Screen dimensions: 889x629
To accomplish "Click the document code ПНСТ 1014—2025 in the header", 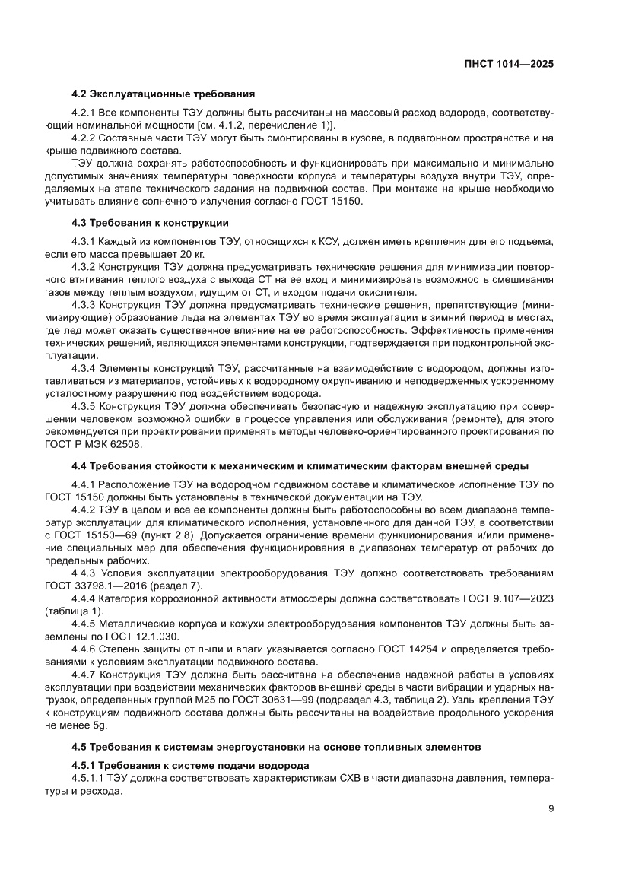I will [508, 65].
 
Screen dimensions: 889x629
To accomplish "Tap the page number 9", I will [550, 808].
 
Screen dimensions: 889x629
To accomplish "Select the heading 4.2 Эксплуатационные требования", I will [163, 94].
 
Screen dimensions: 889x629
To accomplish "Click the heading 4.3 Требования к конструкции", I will [150, 223].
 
